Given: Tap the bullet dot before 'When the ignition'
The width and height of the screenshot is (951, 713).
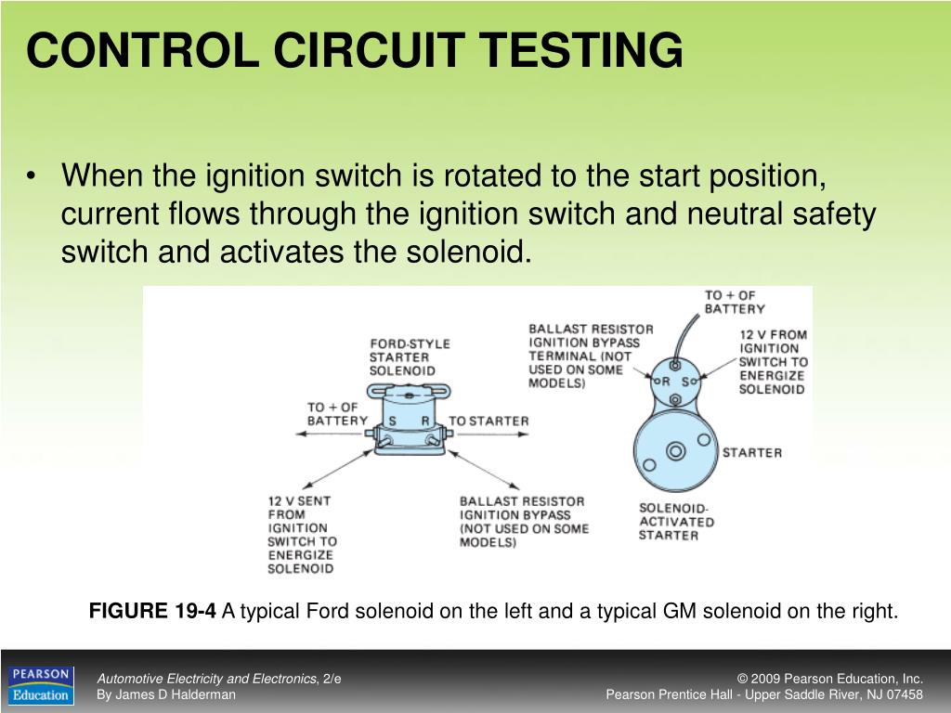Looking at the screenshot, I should [34, 175].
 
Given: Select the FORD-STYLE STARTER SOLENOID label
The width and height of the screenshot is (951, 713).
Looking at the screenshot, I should [410, 357].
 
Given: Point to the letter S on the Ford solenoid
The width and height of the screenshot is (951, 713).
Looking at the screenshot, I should [392, 421].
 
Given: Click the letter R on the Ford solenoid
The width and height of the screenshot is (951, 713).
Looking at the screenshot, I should [425, 421].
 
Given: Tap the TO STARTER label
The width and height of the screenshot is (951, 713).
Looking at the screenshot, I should [489, 421].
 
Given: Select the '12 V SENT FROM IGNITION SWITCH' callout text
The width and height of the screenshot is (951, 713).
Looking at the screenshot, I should [302, 534].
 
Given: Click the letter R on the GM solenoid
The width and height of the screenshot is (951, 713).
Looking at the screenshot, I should [664, 382].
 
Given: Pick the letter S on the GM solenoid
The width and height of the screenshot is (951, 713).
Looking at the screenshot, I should [686, 382].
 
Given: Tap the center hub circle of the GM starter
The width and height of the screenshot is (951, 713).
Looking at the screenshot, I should [676, 451].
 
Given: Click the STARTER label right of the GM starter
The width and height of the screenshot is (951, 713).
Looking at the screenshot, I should [752, 453].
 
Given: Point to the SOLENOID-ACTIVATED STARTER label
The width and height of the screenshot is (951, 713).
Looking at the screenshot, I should [676, 522].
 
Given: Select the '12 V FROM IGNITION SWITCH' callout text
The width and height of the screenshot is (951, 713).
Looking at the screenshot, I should [773, 362].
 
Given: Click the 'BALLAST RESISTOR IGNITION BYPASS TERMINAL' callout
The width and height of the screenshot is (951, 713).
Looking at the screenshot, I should [591, 356].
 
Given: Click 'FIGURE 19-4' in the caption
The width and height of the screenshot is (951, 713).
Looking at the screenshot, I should [152, 611].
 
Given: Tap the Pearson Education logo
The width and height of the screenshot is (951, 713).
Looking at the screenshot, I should [40, 685].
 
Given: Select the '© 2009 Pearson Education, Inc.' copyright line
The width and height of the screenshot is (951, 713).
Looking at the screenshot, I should [829, 679].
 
